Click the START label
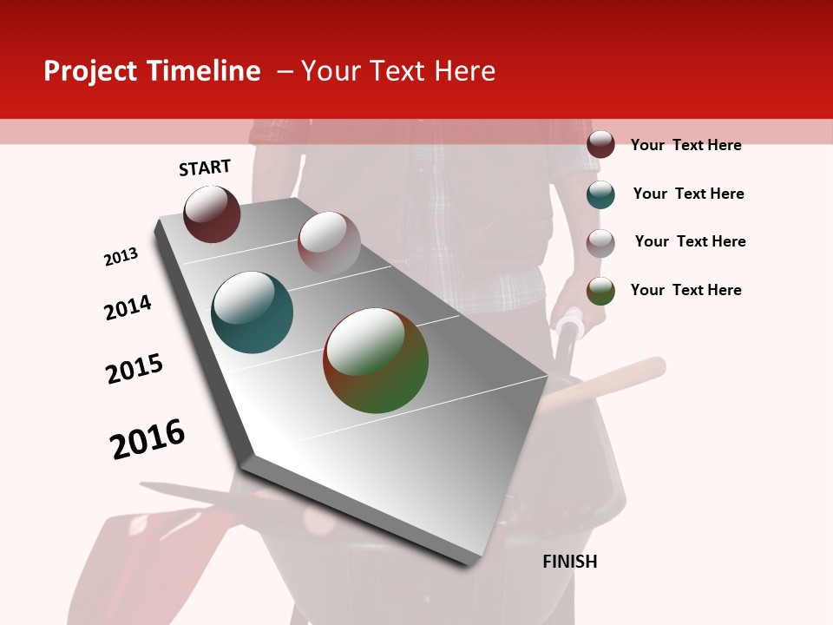pos(205,168)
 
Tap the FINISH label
pos(569,562)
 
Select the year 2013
pos(121,257)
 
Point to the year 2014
pos(128,307)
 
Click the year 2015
pos(134,369)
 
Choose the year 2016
pos(148,438)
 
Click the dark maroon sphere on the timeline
pos(212,214)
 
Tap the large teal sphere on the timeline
pos(252,312)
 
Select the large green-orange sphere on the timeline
pos(376,360)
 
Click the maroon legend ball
pos(600,144)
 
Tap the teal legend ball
pos(600,194)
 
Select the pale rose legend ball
pos(600,242)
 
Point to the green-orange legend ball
pos(600,291)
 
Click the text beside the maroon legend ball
pos(685,145)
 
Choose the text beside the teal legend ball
pos(688,194)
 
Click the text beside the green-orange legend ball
pos(685,290)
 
